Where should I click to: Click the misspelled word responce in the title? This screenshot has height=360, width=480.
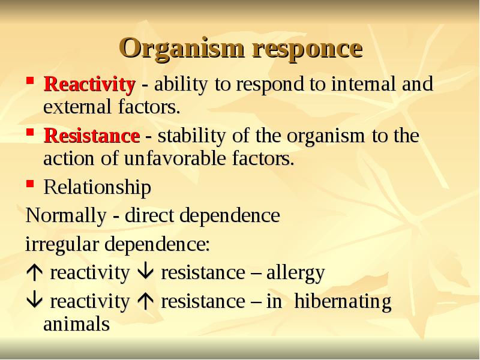(x=307, y=48)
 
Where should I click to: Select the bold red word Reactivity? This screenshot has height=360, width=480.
(x=90, y=84)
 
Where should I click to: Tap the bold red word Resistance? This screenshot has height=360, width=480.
(x=91, y=136)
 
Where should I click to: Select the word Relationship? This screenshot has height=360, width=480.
(x=97, y=188)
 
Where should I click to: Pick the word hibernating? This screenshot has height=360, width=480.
(x=343, y=301)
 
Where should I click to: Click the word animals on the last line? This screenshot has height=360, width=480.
(x=76, y=325)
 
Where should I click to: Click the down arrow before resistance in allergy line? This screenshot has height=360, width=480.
(x=146, y=273)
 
